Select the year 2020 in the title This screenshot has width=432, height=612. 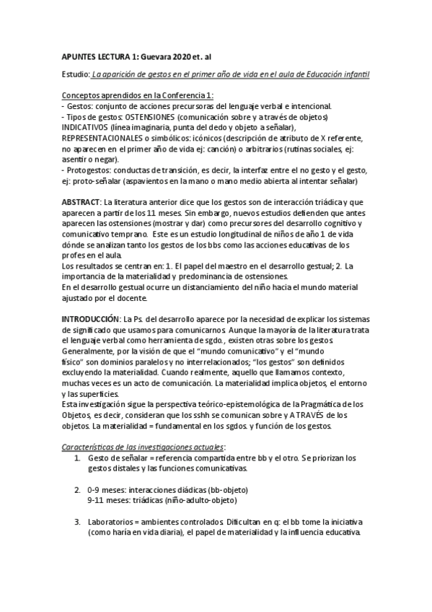click(x=181, y=54)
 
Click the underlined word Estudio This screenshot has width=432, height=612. click(x=76, y=75)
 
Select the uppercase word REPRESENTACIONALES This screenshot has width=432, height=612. click(x=107, y=138)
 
